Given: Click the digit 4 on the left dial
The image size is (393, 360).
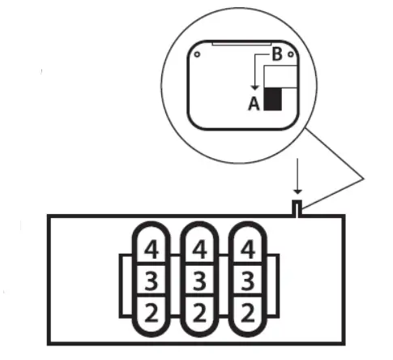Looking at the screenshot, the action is [152, 250].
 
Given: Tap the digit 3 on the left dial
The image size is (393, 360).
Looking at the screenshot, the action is [152, 281].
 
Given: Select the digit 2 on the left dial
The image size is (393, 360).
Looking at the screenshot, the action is [152, 313].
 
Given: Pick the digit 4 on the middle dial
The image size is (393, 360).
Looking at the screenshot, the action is [199, 250].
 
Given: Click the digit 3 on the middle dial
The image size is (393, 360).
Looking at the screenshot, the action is [199, 281].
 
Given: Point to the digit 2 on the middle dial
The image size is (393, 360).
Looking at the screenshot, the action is [199, 313].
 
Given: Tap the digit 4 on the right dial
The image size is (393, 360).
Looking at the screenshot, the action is [247, 250].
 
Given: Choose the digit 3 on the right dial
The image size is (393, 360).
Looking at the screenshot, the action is [247, 281].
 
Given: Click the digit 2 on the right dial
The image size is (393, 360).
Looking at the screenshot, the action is [247, 313].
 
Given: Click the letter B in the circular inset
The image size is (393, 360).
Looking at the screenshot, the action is [277, 54].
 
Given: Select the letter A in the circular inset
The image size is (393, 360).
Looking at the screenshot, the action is [254, 104].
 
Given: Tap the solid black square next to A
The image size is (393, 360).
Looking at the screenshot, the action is [273, 99].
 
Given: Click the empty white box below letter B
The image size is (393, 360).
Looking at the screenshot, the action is [281, 77].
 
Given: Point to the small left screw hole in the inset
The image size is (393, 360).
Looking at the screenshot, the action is [197, 54].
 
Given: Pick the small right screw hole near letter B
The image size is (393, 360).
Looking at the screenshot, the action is [291, 54].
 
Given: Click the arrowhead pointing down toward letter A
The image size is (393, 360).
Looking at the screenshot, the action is [254, 88].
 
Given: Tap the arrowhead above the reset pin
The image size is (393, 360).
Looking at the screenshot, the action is [297, 191].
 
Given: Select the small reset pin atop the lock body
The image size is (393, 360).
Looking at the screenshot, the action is [297, 208].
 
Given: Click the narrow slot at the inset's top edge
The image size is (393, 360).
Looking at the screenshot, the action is [241, 44].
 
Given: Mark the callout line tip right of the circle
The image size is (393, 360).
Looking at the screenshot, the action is [365, 178].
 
